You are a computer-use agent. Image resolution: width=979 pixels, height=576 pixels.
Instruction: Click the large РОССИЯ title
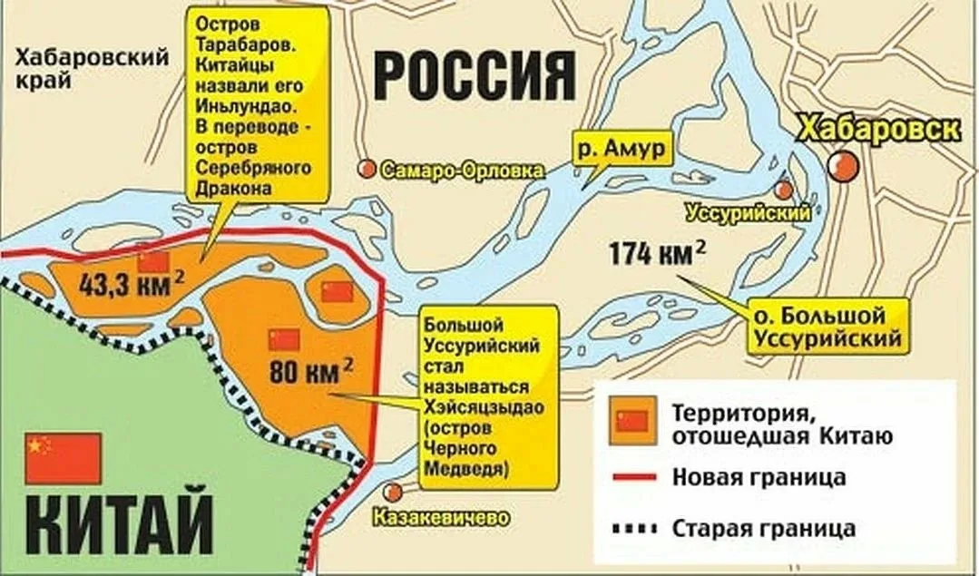(475, 76)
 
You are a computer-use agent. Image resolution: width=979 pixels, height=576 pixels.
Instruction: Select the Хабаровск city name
(876, 130)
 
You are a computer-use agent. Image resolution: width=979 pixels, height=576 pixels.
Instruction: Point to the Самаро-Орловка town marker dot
(367, 169)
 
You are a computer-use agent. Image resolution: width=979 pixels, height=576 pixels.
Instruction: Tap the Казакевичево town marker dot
(393, 492)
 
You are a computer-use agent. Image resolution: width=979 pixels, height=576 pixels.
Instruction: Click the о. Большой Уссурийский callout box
(825, 327)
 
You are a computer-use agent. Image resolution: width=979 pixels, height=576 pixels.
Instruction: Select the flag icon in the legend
(631, 421)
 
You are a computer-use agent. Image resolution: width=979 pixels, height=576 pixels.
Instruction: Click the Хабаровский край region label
(93, 68)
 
